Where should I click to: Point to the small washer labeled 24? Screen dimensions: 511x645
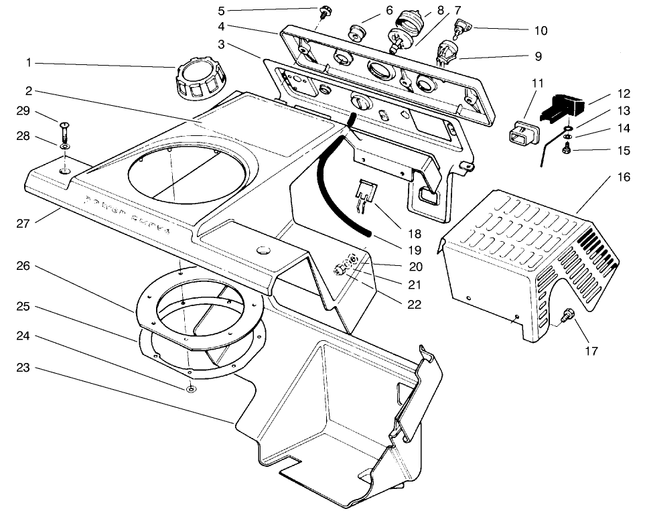point(192,388)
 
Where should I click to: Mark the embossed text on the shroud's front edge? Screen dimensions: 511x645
point(127,212)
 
